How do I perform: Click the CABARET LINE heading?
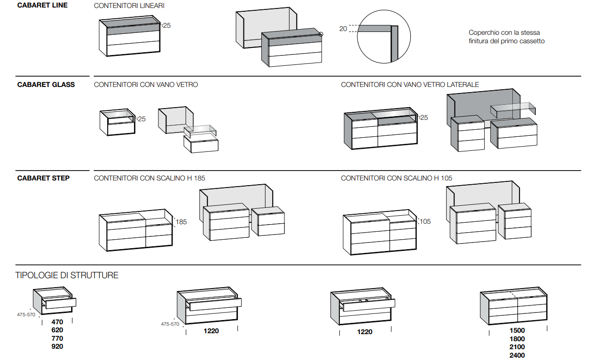pos(42,5)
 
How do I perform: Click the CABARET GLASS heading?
pos(46,85)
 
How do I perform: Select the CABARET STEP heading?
pos(43,178)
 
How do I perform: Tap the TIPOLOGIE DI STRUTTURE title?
pos(67,275)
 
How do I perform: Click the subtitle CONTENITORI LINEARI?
pos(129,6)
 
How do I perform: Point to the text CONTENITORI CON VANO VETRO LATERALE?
pos(410,85)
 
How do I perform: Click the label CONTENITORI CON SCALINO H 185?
pos(149,178)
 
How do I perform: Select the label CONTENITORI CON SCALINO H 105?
pos(397,178)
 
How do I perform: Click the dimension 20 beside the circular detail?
pos(343,29)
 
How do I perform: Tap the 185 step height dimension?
pos(181,222)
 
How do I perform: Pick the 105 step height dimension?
pos(425,221)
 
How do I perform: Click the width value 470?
pos(57,322)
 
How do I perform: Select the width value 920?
pos(57,346)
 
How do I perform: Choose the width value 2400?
pos(517,355)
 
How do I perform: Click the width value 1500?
pos(517,330)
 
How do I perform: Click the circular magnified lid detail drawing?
pos(384,37)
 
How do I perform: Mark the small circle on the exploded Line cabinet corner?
pos(321,34)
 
